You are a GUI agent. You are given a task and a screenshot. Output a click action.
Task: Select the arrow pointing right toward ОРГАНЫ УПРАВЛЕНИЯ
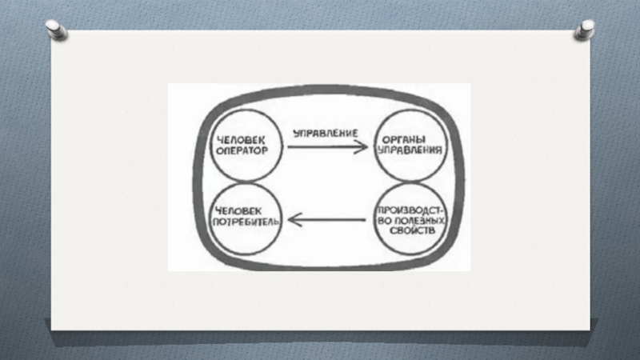(x=327, y=147)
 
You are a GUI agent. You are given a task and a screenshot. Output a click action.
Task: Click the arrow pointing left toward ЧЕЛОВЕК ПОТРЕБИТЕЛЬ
(x=327, y=218)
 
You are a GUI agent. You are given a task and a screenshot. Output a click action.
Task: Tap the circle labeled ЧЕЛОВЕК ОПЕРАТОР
(x=241, y=144)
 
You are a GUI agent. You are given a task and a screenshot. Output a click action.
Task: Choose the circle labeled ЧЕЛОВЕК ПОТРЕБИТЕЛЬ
(x=242, y=214)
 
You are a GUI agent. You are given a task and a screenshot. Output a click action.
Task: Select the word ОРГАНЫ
(x=414, y=138)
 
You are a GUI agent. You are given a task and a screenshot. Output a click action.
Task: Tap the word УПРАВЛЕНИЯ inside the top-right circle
(x=414, y=149)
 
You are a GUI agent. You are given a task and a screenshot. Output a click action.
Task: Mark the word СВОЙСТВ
(x=413, y=230)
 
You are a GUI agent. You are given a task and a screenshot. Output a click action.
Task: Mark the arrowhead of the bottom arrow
(x=294, y=218)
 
